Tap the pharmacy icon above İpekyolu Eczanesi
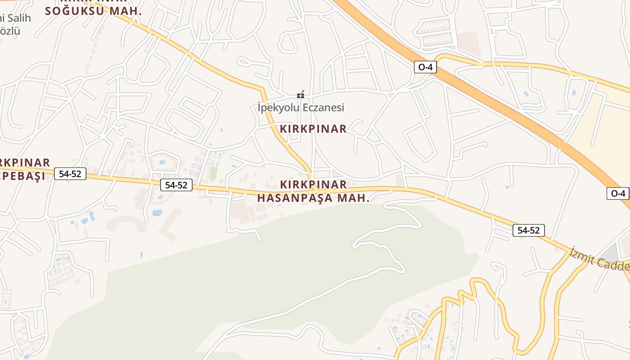pos(301,95)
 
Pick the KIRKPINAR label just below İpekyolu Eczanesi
pos(313,129)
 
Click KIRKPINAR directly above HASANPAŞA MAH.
pos(313,184)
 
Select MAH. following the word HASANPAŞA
pos(355,198)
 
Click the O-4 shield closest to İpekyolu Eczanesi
pos(425,67)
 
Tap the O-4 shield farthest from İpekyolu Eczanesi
pos(618,193)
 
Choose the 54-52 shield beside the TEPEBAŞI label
pos(70,173)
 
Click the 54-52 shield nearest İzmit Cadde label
pos(528,230)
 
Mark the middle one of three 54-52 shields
pos(176,184)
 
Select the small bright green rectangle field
pos(213,173)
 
